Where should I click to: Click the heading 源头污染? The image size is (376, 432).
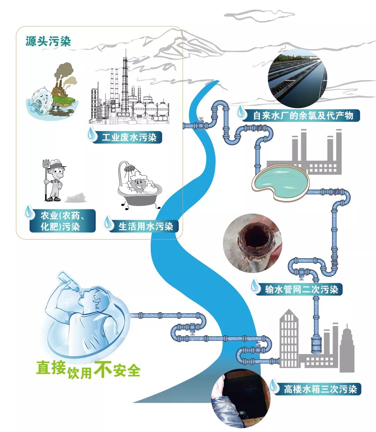click(48, 41)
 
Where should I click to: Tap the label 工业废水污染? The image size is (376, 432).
click(129, 137)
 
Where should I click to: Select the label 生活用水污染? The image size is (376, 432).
click(146, 226)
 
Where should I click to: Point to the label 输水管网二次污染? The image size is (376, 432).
click(301, 289)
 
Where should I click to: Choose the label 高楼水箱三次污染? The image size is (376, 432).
click(320, 389)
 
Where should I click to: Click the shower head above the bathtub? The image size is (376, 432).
click(130, 168)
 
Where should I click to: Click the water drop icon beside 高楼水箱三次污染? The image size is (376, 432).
click(275, 386)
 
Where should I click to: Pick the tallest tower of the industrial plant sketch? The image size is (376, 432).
click(125, 84)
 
